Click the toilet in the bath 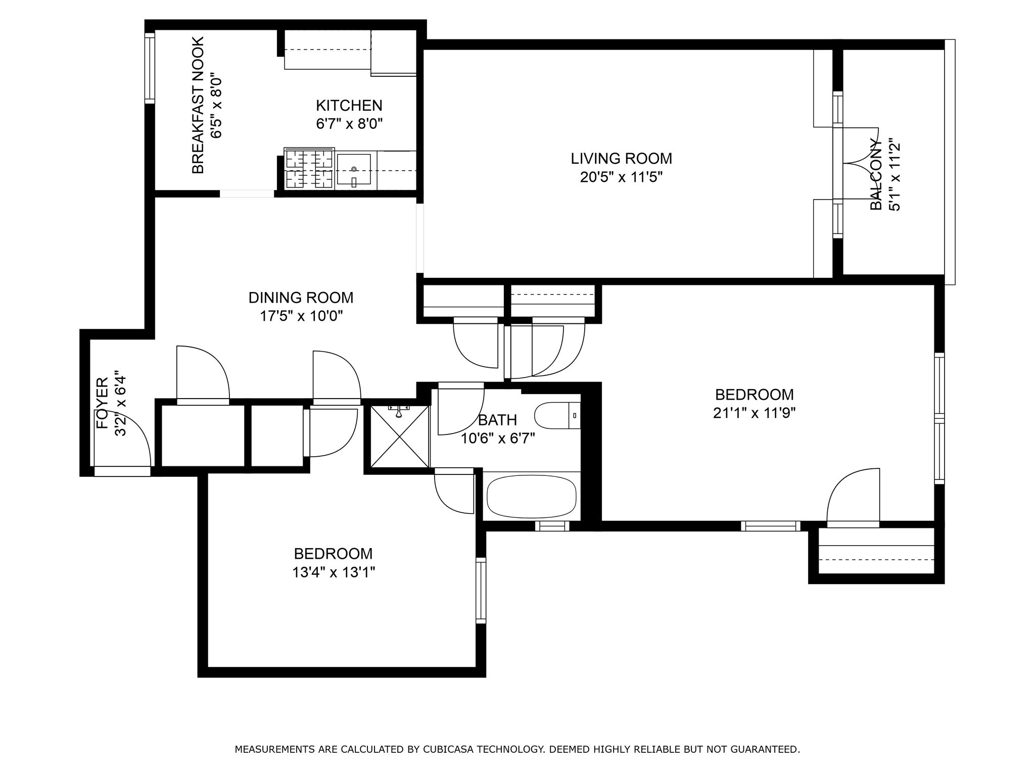pos(557,415)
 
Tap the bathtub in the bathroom pos(532,497)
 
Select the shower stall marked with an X pos(400,435)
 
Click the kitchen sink pos(354,170)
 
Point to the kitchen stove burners pos(309,169)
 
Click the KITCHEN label pos(349,106)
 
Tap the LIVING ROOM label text pos(622,159)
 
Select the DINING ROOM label pos(301,298)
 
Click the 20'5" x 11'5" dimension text pos(621,177)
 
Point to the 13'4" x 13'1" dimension pos(333,572)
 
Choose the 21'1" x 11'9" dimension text pos(754,413)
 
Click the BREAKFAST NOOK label pos(198,105)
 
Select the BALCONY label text pos(876,175)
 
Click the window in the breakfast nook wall pos(150,68)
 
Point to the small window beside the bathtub pos(552,526)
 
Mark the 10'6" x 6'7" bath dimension pos(498,438)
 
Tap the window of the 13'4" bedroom pos(481,590)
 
